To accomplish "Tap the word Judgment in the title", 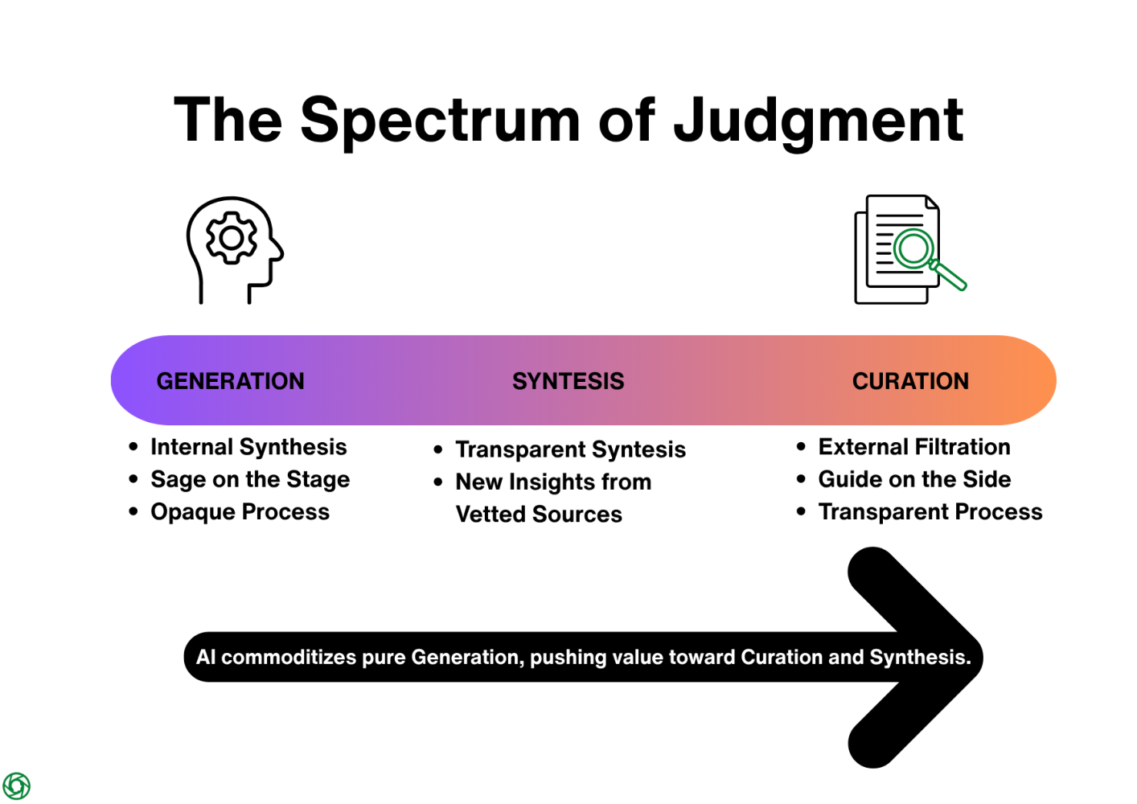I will [x=818, y=121].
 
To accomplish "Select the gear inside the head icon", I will [x=232, y=238].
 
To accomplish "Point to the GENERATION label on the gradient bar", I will [x=230, y=381].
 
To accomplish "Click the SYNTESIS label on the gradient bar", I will [x=568, y=381].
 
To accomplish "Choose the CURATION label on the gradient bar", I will [x=910, y=381].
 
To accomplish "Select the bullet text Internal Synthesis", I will [x=248, y=447].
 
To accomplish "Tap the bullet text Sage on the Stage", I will [x=250, y=479].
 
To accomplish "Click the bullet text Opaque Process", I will [x=240, y=512].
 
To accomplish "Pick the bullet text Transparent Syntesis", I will [x=570, y=449].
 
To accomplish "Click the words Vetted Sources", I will [x=539, y=515].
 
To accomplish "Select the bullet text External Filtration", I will [x=914, y=447].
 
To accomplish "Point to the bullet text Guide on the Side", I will [x=914, y=479].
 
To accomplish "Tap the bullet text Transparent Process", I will [x=930, y=512].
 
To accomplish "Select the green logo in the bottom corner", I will [x=16, y=786].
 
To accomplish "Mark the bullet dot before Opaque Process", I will [x=133, y=512].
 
